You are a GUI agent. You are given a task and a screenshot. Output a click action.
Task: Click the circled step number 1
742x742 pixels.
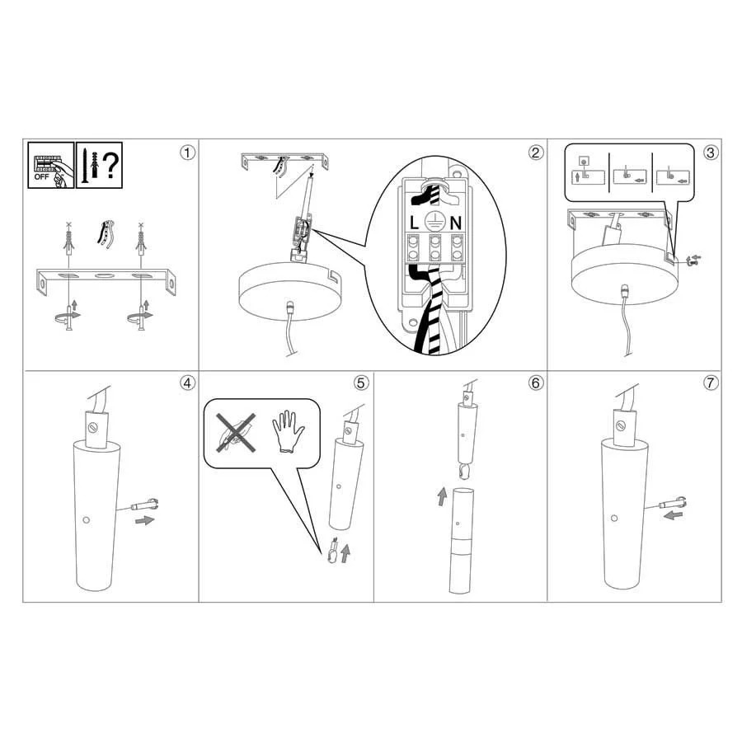pos(187,153)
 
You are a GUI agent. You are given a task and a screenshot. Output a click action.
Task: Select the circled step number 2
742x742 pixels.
pos(536,153)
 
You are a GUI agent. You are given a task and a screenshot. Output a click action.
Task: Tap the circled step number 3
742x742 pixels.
pos(711,153)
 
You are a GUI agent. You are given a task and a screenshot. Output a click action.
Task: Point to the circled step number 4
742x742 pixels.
pos(187,383)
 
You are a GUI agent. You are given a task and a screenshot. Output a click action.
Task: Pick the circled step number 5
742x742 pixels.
pos(361,383)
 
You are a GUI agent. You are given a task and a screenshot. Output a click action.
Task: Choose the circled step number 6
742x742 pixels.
pos(536,383)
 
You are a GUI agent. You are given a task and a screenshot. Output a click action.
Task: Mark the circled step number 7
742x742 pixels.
pos(711,383)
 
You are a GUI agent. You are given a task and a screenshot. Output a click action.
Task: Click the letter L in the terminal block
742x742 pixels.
pos(414,223)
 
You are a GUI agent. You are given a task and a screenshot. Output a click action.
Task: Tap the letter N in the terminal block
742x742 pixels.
pos(456,223)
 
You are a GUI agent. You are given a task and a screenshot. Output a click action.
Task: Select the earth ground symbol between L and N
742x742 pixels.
pos(434,221)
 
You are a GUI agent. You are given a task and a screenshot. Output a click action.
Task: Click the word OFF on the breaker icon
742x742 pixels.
pos(41,177)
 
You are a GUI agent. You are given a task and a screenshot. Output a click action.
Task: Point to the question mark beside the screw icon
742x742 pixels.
pos(110,165)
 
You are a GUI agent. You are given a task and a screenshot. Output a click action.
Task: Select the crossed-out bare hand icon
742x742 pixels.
pos(236,432)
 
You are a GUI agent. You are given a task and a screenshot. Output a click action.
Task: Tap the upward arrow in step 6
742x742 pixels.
pos(442,496)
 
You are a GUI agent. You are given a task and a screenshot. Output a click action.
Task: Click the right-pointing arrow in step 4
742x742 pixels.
pos(145,520)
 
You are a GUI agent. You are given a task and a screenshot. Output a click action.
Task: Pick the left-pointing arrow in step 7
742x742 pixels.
pos(673,514)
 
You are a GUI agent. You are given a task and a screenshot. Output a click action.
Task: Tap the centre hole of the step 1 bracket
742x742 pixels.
pos(101,275)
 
